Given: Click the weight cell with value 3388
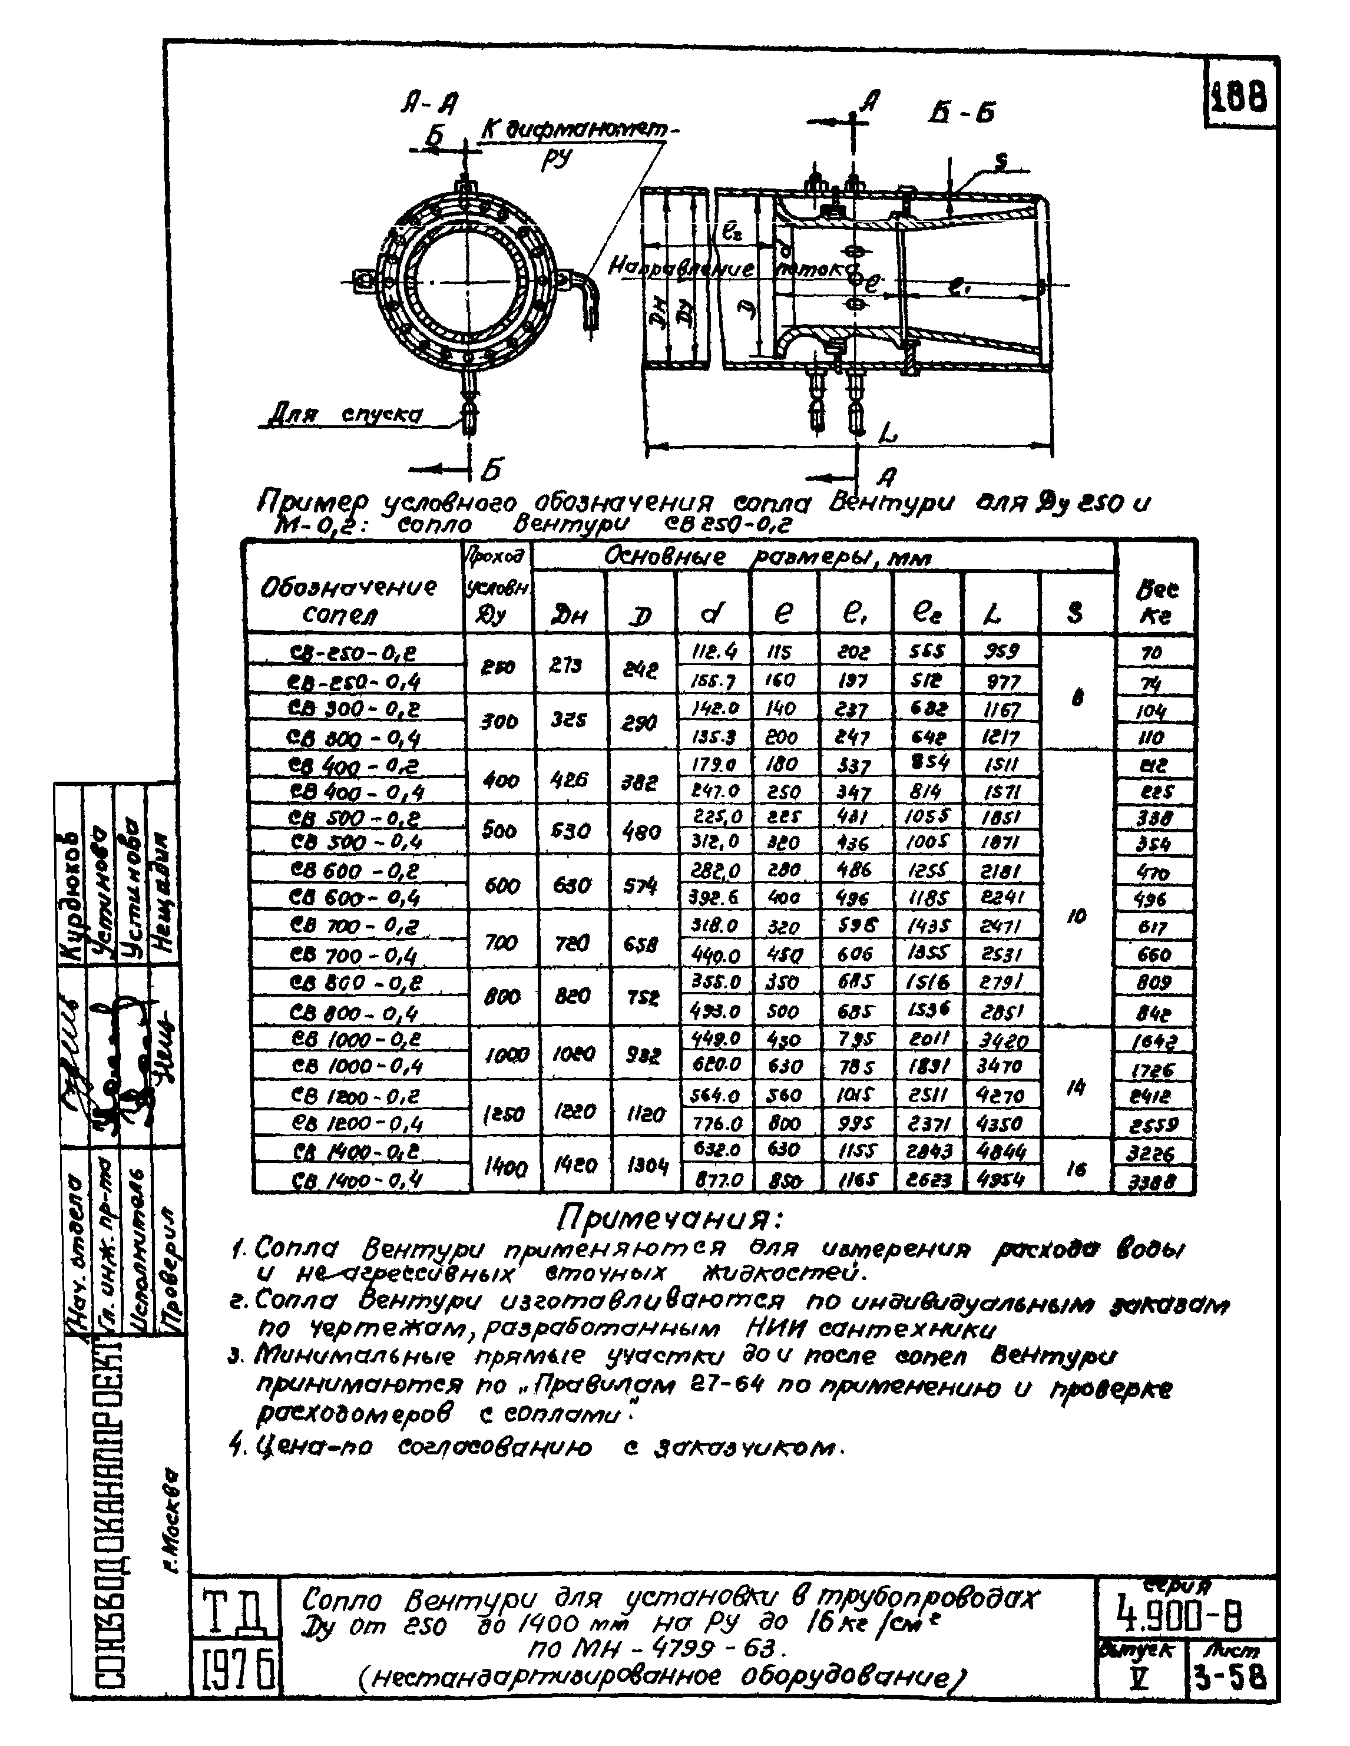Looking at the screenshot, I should (x=1154, y=1182).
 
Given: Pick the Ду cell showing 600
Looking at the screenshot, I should (x=501, y=885).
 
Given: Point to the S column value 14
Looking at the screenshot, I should (x=1076, y=1087).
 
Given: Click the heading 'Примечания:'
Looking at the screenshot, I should (x=670, y=1219).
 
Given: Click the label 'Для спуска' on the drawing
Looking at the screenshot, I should (x=344, y=415).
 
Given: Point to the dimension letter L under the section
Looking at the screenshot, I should (x=887, y=434).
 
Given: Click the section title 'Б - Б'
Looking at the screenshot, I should (x=961, y=114).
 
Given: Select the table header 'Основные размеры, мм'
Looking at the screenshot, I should (x=767, y=557).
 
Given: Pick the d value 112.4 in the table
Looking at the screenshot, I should (x=714, y=652).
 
